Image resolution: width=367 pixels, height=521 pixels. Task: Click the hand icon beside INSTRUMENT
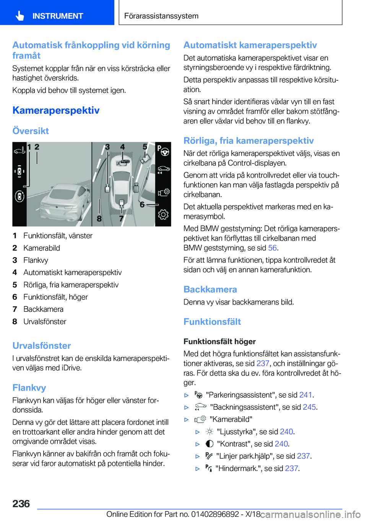[20, 16]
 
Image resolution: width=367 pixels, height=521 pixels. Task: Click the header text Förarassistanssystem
[161, 16]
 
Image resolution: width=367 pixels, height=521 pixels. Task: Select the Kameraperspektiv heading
[56, 111]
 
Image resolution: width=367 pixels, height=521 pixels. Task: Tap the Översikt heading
[31, 131]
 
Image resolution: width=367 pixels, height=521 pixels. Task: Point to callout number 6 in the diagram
[142, 205]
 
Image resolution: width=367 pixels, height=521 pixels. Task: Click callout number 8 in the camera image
[99, 218]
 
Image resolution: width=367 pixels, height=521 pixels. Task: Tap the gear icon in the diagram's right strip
[163, 215]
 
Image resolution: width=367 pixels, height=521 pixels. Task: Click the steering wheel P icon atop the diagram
[163, 151]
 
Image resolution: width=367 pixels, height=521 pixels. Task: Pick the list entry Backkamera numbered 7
[43, 309]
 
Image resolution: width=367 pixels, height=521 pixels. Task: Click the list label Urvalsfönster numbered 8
[45, 321]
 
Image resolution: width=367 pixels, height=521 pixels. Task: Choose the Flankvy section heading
[29, 388]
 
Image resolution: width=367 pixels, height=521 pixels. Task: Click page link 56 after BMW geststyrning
[272, 248]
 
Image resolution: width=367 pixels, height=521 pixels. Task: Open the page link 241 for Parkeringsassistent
[305, 395]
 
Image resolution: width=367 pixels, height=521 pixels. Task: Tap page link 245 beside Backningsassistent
[309, 407]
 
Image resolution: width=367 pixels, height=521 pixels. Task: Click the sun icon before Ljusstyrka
[209, 431]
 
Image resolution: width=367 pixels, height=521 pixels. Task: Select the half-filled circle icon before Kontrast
[209, 444]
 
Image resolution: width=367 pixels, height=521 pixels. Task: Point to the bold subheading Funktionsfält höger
[219, 341]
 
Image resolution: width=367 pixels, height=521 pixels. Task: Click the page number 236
[21, 504]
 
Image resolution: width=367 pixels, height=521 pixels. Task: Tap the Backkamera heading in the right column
[210, 290]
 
